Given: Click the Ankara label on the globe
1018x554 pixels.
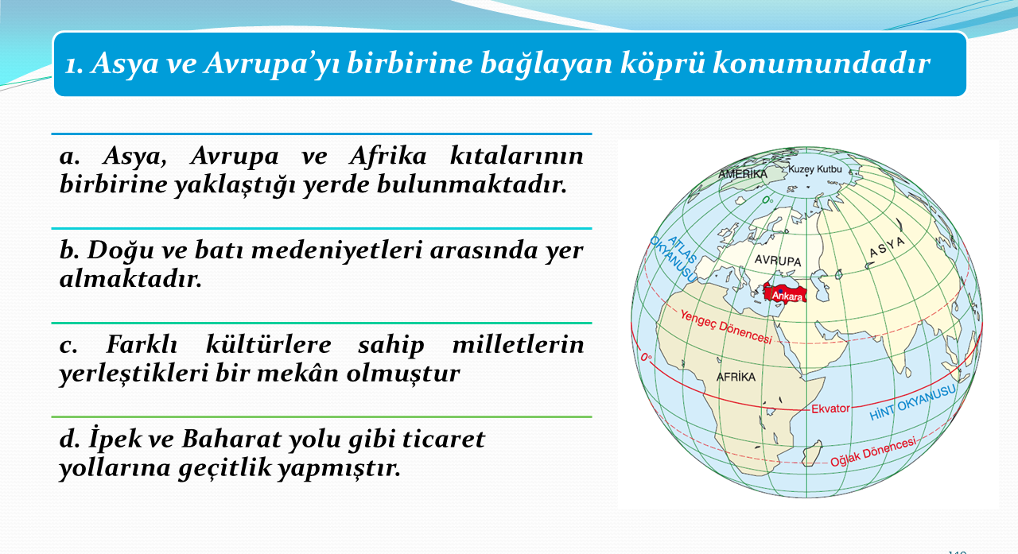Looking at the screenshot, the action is (x=787, y=296).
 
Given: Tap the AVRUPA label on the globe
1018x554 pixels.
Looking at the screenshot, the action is (x=778, y=261).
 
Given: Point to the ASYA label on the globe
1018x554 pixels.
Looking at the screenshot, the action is (x=887, y=247).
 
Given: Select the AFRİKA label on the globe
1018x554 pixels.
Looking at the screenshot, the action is (x=736, y=377).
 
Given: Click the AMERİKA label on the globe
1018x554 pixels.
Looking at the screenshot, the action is (x=743, y=174).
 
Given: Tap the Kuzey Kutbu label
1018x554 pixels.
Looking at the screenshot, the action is (x=815, y=169).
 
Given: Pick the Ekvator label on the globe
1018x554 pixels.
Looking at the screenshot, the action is (x=830, y=409).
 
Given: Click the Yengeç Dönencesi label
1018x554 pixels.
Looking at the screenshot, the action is (x=726, y=327).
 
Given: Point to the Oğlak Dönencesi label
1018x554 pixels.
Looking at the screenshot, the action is (x=873, y=452).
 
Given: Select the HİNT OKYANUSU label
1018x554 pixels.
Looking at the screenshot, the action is (x=912, y=402).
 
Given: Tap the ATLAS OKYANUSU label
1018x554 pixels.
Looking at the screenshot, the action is (x=674, y=258).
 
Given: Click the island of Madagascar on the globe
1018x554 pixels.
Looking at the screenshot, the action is (x=812, y=453).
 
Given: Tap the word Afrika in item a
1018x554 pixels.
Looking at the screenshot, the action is (x=388, y=156).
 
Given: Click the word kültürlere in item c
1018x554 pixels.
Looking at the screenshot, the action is (x=269, y=344).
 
